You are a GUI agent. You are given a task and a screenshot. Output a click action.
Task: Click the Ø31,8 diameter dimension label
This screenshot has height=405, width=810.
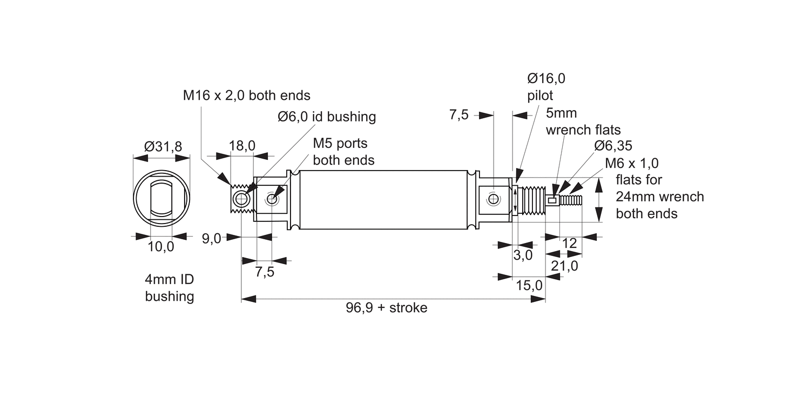pos(163,146)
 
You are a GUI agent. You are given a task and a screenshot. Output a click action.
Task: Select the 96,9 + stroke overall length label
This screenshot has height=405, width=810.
pos(387,308)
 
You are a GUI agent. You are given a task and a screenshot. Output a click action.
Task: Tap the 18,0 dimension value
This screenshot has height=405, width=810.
pos(242,145)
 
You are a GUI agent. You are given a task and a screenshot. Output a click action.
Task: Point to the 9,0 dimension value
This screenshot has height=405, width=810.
pos(211,239)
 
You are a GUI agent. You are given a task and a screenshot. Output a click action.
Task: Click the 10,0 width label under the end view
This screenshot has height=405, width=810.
pos(161,247)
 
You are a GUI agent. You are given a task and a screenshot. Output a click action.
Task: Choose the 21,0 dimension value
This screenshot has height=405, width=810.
pos(564,266)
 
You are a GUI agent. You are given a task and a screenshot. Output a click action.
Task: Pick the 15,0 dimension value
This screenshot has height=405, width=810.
pos(529,285)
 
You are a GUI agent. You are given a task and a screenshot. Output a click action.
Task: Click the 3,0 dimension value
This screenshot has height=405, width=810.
pos(523,255)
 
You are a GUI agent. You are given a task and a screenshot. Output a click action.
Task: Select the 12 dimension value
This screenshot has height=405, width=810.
pos(569,243)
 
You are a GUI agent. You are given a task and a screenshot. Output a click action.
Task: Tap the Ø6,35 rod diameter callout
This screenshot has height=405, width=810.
pos(613,146)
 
